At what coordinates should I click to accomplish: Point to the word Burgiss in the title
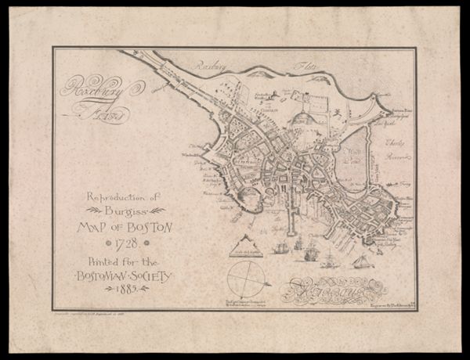click(x=126, y=211)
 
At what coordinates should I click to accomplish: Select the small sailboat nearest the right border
click(x=363, y=261)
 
